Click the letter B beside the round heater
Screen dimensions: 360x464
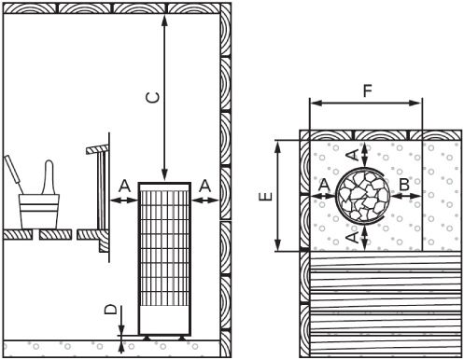[x=403, y=185]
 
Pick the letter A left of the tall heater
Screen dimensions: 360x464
[x=123, y=187]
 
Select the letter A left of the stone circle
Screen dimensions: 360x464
[x=322, y=185]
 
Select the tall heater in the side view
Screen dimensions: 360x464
[x=163, y=258]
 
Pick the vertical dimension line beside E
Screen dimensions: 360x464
[x=277, y=196]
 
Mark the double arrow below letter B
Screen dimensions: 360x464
[x=403, y=197]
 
